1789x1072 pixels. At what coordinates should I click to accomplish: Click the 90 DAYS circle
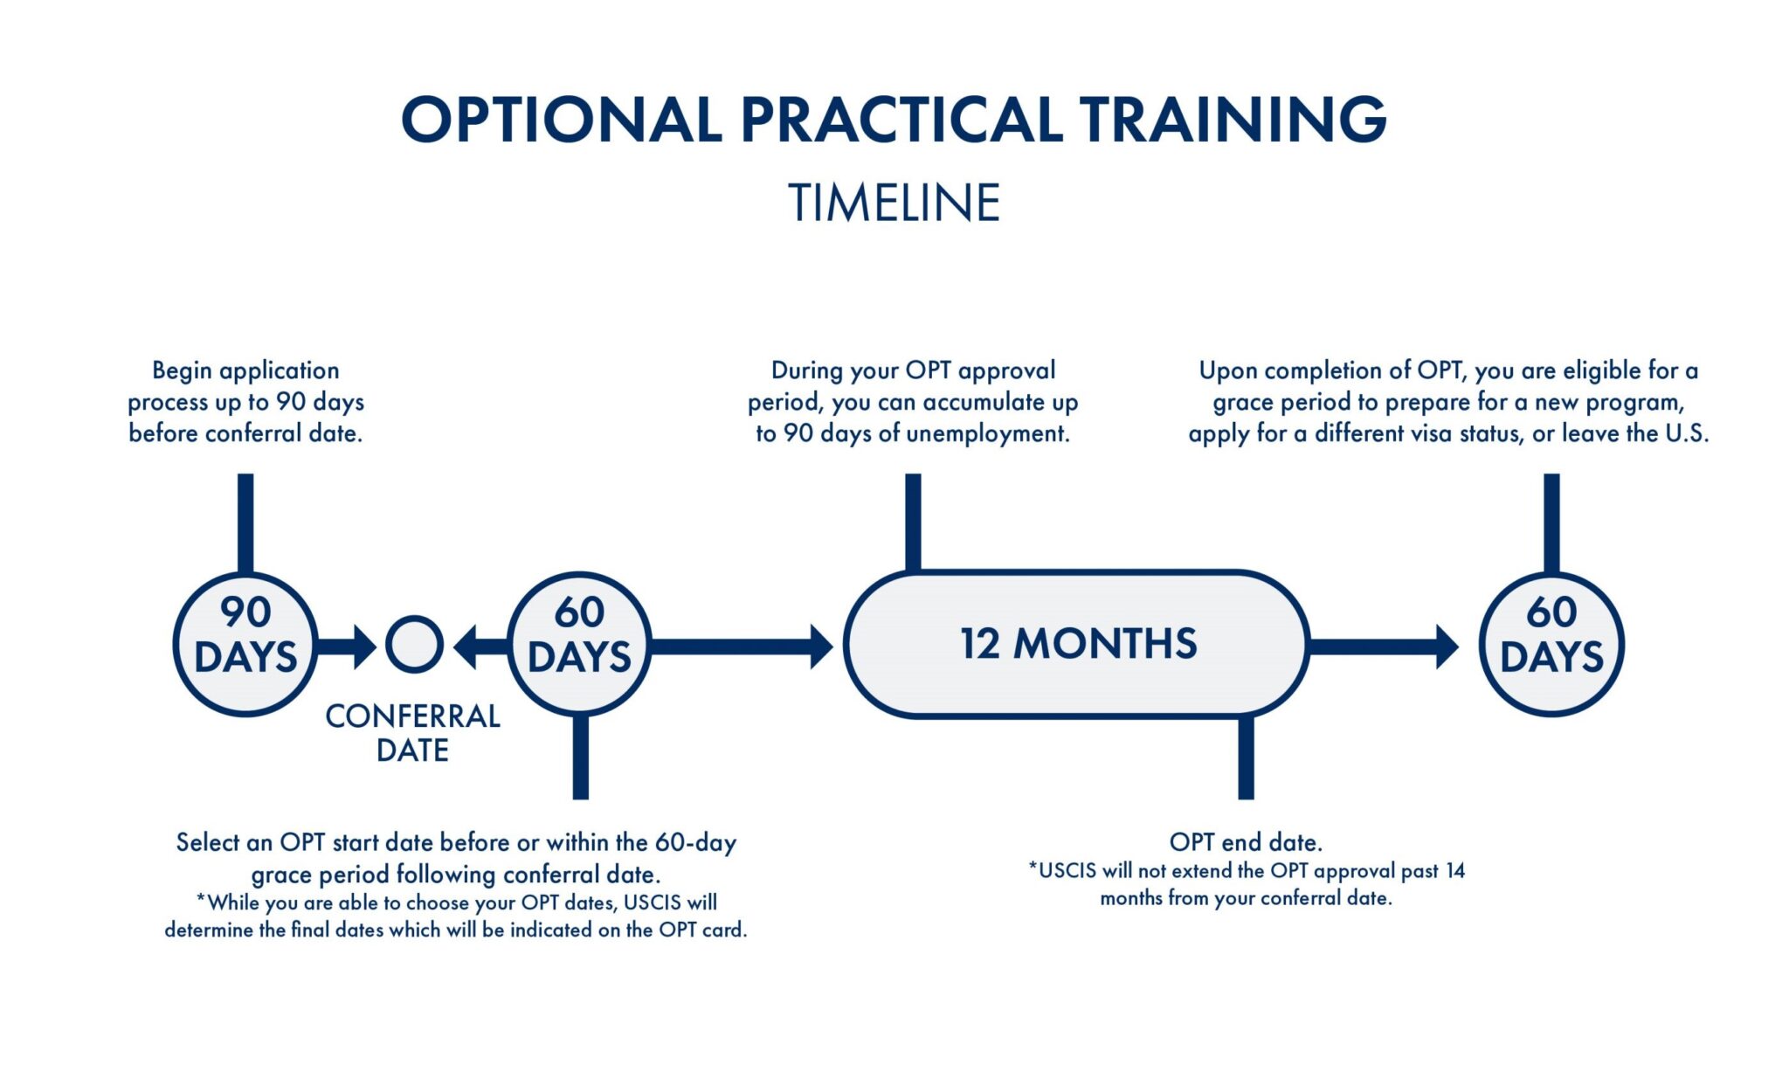tap(245, 644)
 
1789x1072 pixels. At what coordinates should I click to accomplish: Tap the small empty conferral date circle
tap(414, 645)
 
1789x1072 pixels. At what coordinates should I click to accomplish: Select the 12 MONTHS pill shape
tap(1076, 644)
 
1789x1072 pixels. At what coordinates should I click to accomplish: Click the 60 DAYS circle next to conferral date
tap(579, 644)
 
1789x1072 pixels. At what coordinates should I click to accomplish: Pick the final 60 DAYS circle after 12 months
tap(1551, 644)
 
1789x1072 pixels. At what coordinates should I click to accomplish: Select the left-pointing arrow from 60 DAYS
tap(480, 647)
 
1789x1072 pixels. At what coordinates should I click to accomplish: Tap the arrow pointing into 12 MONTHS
tap(743, 647)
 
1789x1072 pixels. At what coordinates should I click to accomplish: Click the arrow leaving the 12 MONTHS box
tap(1384, 647)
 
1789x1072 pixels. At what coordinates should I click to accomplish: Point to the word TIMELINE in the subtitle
tap(894, 203)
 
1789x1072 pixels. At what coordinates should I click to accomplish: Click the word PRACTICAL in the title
tap(901, 120)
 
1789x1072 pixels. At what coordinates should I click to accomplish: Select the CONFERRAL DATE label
tap(412, 733)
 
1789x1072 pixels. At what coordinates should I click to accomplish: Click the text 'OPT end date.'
tap(1246, 842)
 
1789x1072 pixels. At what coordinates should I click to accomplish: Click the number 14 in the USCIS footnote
tap(1454, 871)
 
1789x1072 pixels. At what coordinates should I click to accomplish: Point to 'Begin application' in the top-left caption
tap(245, 370)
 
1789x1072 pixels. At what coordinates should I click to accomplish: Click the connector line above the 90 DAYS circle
tap(245, 522)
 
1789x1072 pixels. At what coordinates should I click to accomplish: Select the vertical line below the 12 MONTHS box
tap(1246, 757)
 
